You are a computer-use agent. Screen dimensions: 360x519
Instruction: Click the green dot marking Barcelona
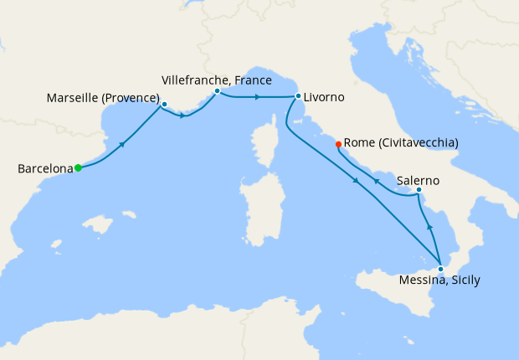tap(78, 167)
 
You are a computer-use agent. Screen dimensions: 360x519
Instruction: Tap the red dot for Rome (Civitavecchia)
tap(338, 144)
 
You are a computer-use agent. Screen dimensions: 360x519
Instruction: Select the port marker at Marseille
tap(164, 105)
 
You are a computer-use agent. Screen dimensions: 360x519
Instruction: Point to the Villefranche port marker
tap(217, 90)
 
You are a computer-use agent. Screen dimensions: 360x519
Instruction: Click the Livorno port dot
tap(298, 96)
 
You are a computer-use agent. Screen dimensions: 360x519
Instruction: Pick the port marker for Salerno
tap(419, 190)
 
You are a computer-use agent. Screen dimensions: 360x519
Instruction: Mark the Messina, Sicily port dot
tap(440, 269)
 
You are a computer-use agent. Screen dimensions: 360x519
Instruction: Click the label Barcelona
tap(45, 169)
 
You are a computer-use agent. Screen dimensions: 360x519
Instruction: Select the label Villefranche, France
tap(216, 80)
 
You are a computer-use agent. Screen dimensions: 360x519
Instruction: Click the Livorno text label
tap(325, 97)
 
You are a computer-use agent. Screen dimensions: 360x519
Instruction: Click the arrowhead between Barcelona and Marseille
tap(123, 144)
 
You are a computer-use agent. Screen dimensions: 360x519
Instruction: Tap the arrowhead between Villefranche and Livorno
tap(257, 97)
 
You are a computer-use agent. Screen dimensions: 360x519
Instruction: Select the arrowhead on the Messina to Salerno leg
tap(429, 226)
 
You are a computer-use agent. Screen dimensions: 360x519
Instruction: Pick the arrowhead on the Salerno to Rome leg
tap(377, 181)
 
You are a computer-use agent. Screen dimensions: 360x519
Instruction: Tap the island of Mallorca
tap(98, 224)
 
